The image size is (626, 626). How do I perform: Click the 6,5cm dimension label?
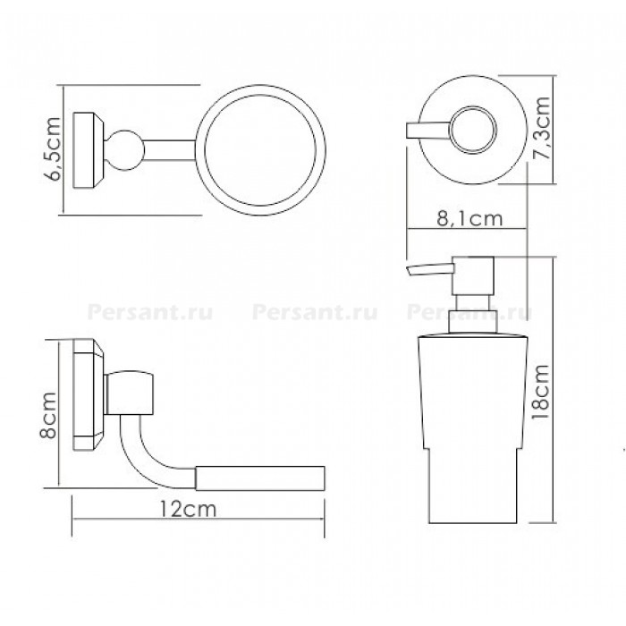pyautogui.click(x=52, y=149)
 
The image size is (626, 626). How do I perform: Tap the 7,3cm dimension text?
pyautogui.click(x=542, y=128)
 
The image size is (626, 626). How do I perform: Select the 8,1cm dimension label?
pyautogui.click(x=469, y=219)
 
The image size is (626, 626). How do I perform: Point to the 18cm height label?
pyautogui.click(x=540, y=392)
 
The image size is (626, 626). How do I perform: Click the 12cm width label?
pyautogui.click(x=188, y=509)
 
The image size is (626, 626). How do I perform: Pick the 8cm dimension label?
pyautogui.click(x=48, y=416)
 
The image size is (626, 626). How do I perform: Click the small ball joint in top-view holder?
pyautogui.click(x=124, y=150)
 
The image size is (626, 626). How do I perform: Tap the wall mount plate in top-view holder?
pyautogui.click(x=89, y=150)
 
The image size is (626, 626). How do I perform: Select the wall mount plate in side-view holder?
pyautogui.click(x=89, y=395)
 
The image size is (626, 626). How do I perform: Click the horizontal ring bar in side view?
pyautogui.click(x=260, y=478)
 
